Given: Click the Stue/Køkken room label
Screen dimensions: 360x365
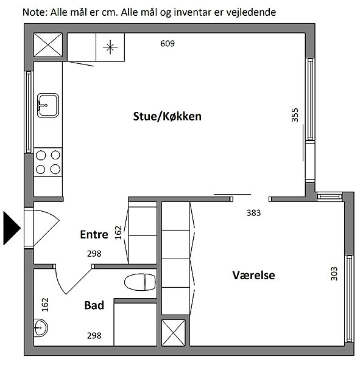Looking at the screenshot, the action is [167, 116].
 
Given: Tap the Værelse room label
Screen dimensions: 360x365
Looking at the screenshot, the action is [253, 275].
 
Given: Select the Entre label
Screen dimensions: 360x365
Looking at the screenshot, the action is [94, 234].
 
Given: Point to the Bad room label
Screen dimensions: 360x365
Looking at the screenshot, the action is [94, 305].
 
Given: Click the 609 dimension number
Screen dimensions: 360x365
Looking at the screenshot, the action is [168, 44].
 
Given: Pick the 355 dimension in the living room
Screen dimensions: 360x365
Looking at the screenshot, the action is [295, 115].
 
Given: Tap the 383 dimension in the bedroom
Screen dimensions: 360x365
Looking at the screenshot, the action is [253, 213].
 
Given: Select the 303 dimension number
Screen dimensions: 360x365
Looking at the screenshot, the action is [334, 274].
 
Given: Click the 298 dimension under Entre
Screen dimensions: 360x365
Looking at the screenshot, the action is [94, 254].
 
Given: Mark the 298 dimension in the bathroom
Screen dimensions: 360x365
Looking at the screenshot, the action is [94, 336].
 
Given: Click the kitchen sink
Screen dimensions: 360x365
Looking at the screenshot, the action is [48, 105].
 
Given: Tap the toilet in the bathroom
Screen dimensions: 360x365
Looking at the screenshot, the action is [140, 282].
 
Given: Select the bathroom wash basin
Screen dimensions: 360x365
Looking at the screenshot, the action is [41, 328].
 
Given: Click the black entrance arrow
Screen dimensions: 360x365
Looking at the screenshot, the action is [12, 228].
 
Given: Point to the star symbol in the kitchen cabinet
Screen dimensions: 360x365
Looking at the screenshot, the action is [110, 47].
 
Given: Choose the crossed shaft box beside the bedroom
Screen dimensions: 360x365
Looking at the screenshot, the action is [173, 333].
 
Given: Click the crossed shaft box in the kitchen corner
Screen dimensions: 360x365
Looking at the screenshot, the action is [48, 44].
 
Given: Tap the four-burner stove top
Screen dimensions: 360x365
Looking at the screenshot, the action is [48, 162].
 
